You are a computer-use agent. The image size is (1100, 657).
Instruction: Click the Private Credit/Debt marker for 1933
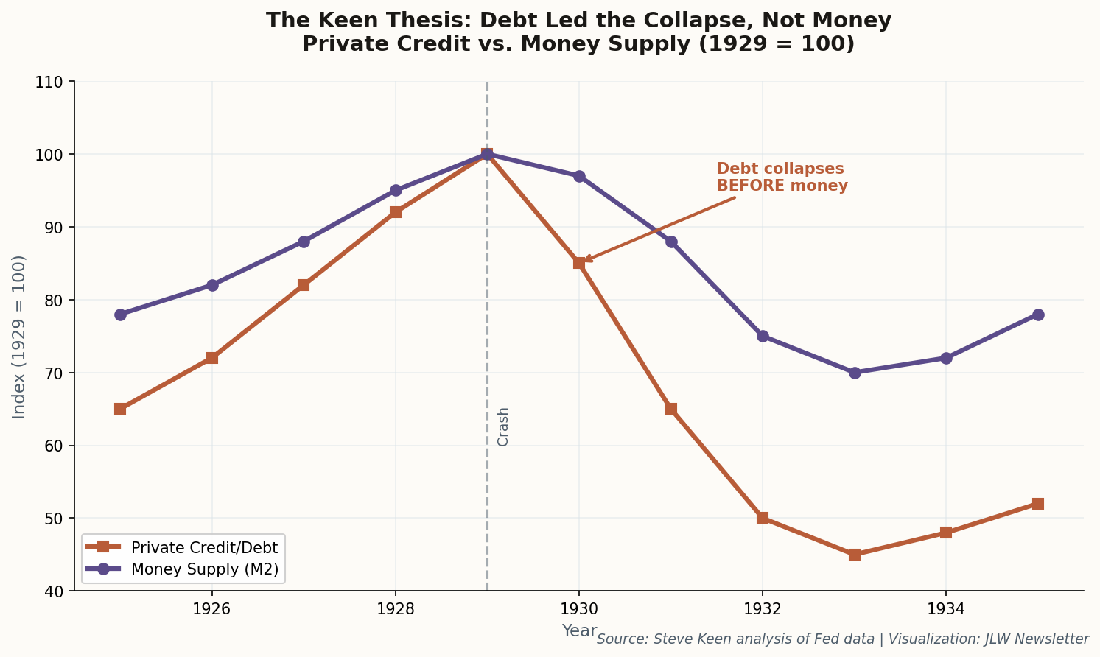[854, 555]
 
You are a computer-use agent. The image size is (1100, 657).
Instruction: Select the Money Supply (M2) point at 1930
[579, 176]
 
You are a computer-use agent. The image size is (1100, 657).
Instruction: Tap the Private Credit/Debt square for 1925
[120, 409]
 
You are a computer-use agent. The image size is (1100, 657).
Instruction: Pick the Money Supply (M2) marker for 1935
[1037, 315]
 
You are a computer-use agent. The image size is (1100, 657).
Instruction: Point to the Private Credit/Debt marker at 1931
[671, 409]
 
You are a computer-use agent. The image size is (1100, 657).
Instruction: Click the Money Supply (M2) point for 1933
[854, 373]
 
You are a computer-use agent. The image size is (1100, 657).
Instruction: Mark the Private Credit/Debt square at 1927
[304, 285]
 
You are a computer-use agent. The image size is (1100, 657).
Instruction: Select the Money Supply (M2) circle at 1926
[212, 285]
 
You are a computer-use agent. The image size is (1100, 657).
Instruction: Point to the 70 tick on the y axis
[56, 373]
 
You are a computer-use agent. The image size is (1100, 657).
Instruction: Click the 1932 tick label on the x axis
[762, 609]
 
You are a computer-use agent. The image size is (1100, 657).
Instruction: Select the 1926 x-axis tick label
[212, 609]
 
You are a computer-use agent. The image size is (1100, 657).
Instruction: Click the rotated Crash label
[503, 426]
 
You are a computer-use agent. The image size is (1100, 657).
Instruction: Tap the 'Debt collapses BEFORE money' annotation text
[782, 178]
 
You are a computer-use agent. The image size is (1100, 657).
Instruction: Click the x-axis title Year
[579, 630]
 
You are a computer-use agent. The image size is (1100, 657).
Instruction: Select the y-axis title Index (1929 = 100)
[19, 337]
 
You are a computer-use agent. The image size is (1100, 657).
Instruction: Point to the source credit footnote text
[842, 639]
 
